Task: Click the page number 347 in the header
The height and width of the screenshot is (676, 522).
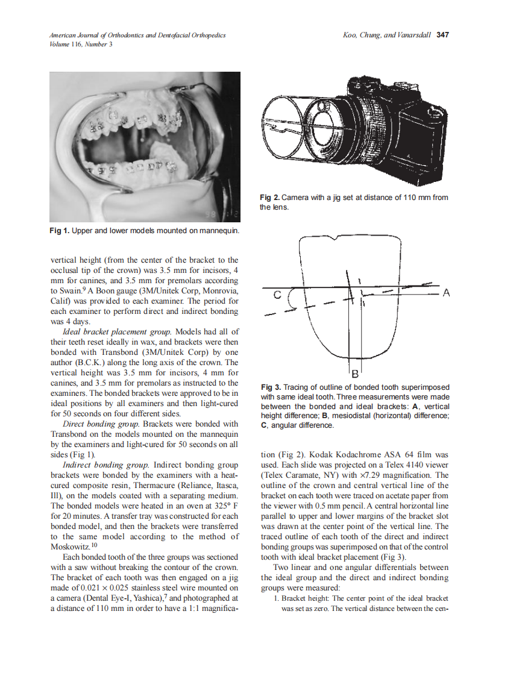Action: (x=443, y=35)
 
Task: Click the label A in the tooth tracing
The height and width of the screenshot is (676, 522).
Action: (x=446, y=293)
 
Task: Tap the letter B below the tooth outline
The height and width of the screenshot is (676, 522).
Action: (x=355, y=372)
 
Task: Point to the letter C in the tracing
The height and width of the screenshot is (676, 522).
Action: (x=278, y=295)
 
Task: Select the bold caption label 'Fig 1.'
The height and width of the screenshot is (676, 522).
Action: (x=60, y=231)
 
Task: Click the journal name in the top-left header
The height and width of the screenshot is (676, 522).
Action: (x=137, y=35)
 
